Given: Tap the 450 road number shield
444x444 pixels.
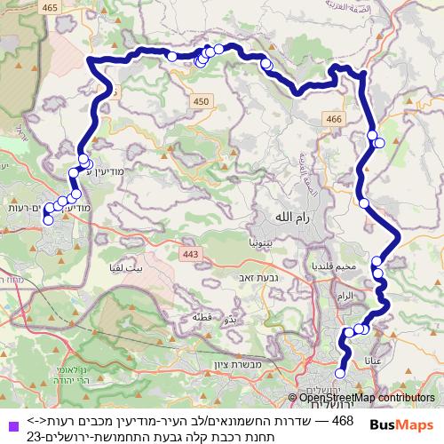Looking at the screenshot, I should point(202,104).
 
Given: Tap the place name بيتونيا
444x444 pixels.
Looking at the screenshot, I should point(266,240).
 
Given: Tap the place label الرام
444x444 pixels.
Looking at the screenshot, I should point(346,294).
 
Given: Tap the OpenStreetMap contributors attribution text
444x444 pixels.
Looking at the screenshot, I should point(366,398).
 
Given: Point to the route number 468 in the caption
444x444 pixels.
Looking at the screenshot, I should point(341,419).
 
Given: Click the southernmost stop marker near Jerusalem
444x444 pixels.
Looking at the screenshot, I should point(339,375).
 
